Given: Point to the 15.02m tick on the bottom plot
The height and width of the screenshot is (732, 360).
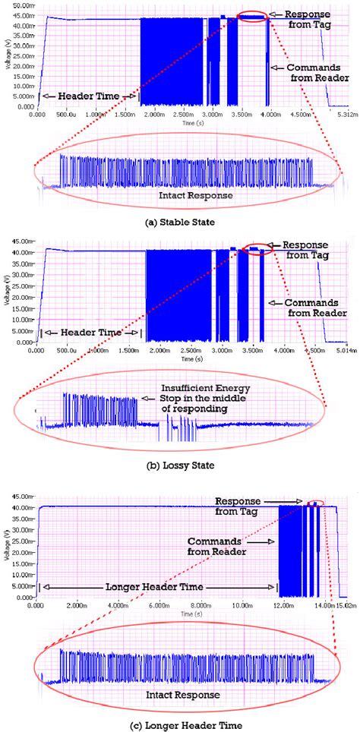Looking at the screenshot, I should pos(346,606).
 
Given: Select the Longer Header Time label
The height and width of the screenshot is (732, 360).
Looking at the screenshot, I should pos(159,586).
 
